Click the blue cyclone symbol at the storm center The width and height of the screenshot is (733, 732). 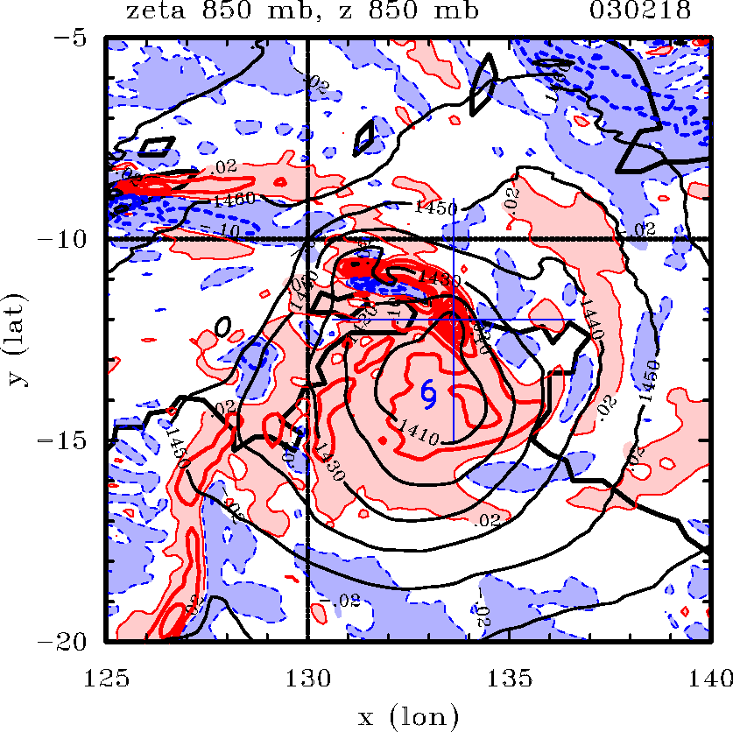[x=429, y=394]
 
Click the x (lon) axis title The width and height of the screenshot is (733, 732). [x=409, y=719]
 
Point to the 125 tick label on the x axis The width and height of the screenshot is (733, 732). [x=107, y=676]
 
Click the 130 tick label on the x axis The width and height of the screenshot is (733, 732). [x=307, y=676]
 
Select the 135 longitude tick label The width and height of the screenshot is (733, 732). [x=509, y=676]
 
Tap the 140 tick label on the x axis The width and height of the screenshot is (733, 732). [x=708, y=676]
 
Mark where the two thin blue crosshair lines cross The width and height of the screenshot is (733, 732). [x=453, y=320]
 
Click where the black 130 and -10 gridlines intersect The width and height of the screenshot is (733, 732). [x=307, y=238]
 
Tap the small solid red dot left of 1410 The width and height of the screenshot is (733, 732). [x=382, y=440]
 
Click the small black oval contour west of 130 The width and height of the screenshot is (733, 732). [x=223, y=326]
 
